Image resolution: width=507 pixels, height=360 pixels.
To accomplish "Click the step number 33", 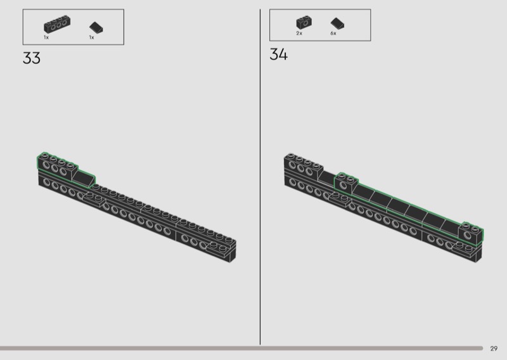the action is (x=32, y=58).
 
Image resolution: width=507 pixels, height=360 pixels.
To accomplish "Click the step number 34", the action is (x=278, y=55).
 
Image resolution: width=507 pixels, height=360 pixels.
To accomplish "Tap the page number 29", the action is (x=494, y=349).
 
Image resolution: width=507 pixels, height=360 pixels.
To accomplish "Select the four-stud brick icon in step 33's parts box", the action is (x=57, y=24).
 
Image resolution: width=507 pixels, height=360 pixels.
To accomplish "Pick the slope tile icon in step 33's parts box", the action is (x=96, y=27).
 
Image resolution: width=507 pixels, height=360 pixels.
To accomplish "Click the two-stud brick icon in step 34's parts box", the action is (x=304, y=23).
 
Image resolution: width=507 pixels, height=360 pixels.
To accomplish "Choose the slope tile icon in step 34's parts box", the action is (x=337, y=23).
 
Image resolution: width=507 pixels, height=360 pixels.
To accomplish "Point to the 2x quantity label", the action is (x=299, y=34).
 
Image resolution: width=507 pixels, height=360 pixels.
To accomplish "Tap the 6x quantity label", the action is (x=333, y=34).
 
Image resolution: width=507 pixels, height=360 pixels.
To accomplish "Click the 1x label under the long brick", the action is (x=46, y=37).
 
